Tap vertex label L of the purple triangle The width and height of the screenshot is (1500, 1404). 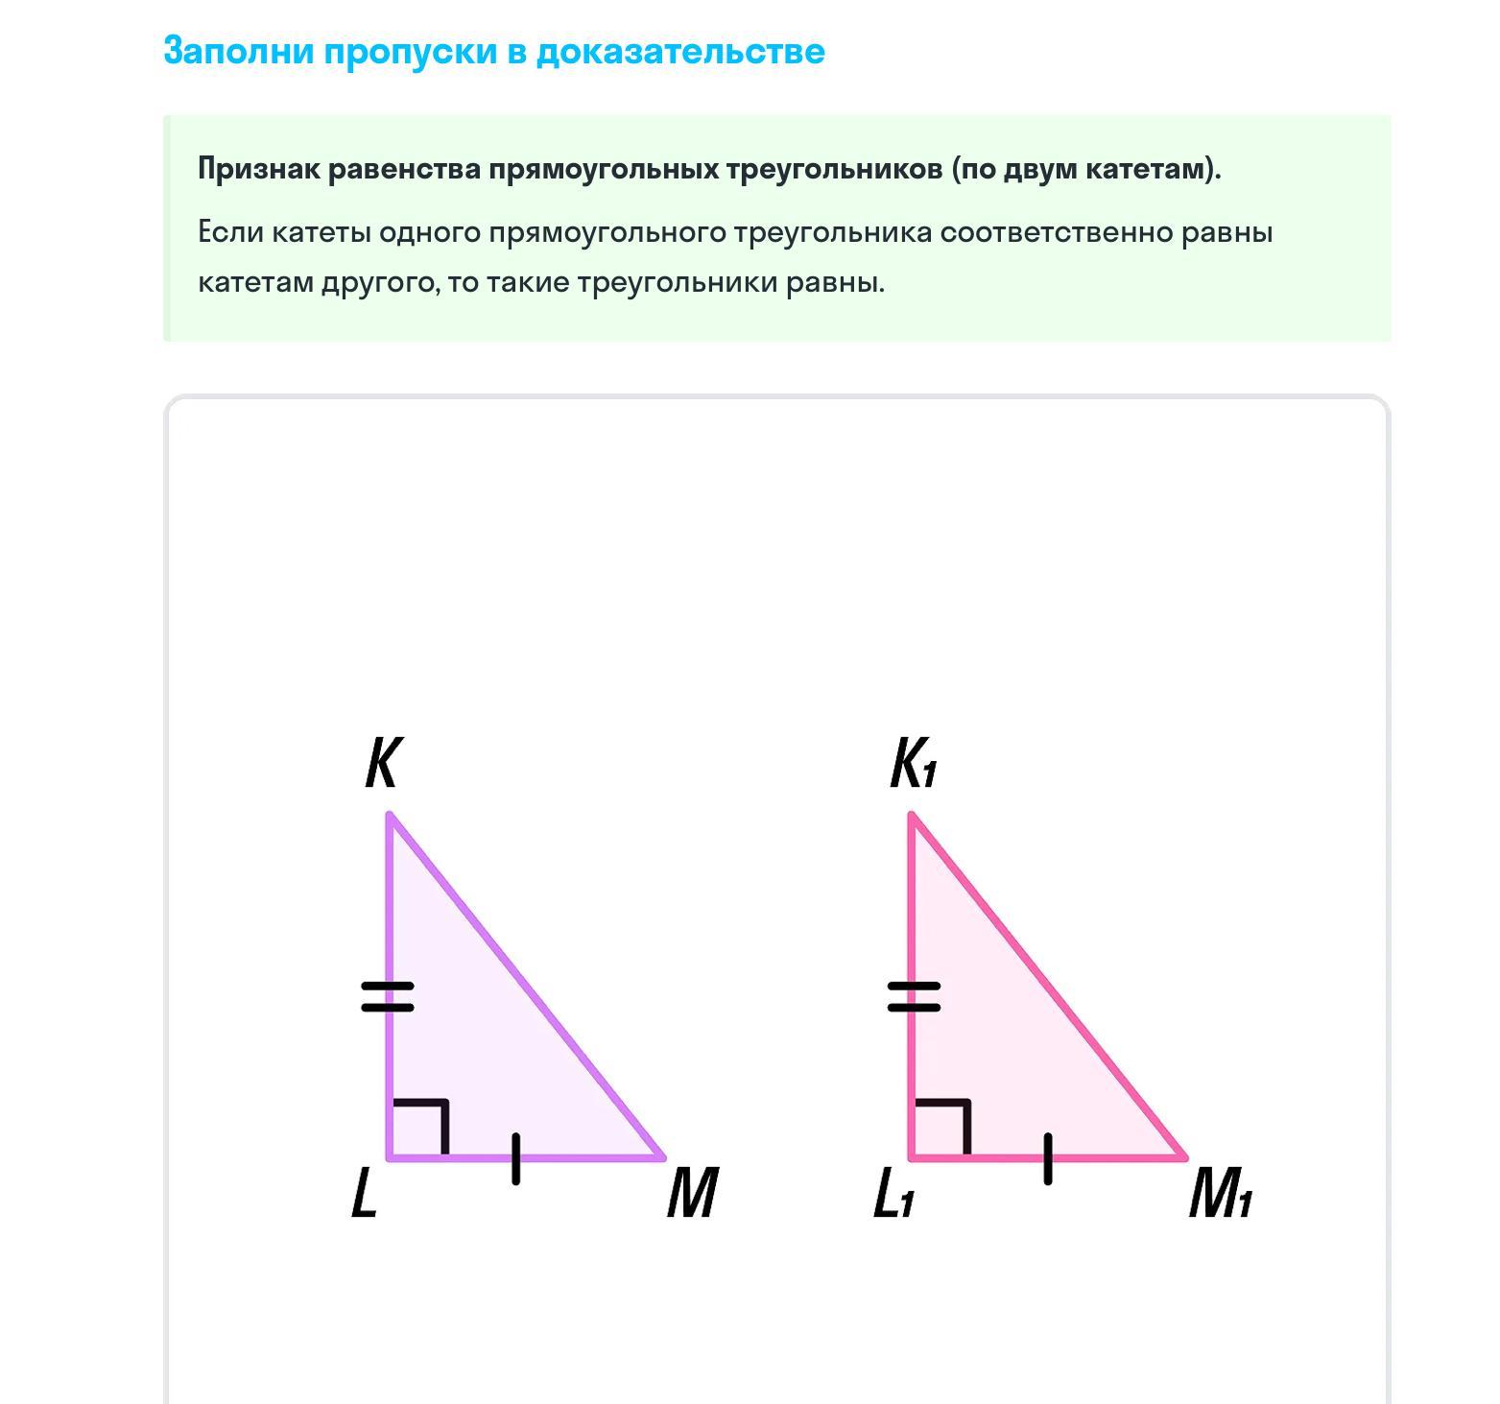click(364, 1195)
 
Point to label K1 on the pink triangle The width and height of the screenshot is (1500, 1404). click(913, 764)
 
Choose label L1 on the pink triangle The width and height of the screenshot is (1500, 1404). click(893, 1196)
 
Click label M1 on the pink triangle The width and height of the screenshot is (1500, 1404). click(1220, 1195)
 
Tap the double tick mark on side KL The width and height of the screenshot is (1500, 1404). click(388, 996)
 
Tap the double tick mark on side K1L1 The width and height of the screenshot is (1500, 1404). click(914, 996)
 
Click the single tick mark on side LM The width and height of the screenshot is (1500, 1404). click(516, 1158)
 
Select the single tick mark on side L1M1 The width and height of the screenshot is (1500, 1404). click(1048, 1158)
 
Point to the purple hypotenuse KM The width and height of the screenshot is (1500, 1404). click(526, 987)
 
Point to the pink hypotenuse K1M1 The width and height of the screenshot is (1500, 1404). click(1049, 987)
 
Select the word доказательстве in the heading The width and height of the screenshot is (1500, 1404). click(679, 51)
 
